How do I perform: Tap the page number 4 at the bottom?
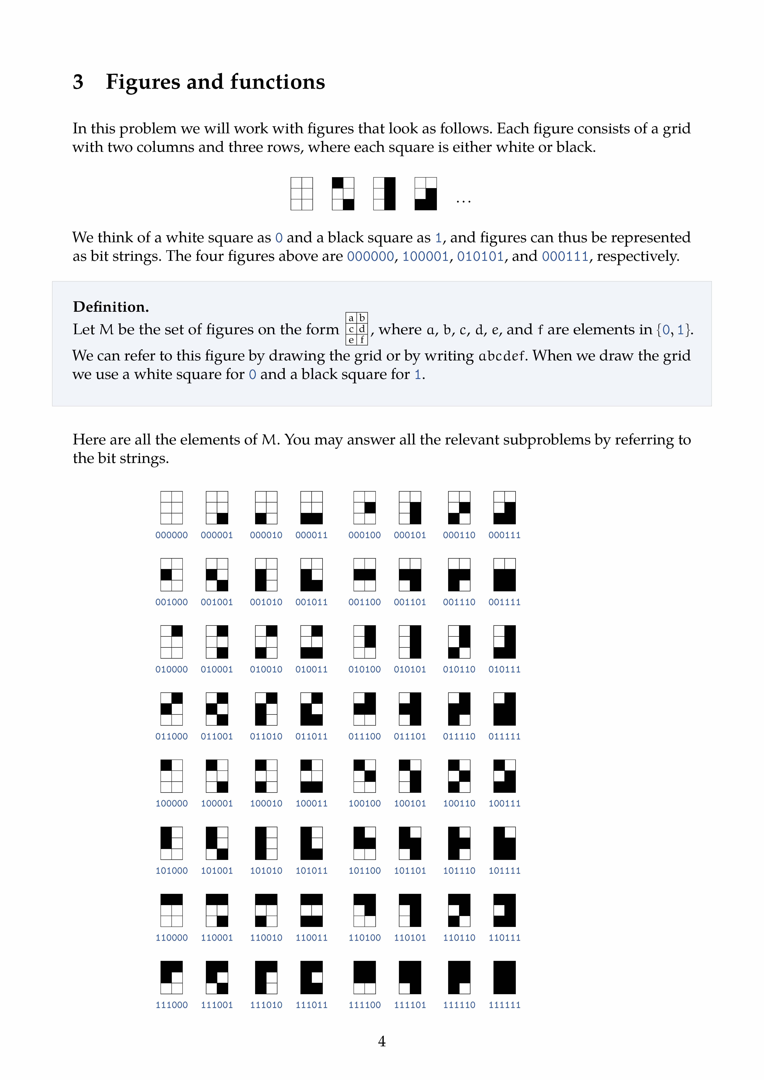[x=382, y=1041]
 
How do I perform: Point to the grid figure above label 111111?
[x=504, y=977]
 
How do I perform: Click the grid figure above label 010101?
[x=410, y=642]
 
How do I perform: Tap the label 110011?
[x=311, y=937]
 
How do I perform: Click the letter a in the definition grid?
[x=351, y=318]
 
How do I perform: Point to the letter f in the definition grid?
[x=362, y=340]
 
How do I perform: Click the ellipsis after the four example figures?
[x=463, y=201]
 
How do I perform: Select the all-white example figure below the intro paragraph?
[x=302, y=193]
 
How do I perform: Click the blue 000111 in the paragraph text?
[x=565, y=256]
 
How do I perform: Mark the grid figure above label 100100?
[x=365, y=776]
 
